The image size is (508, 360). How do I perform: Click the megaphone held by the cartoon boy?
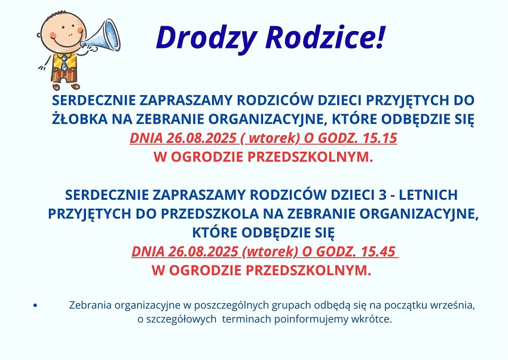pyautogui.click(x=101, y=36)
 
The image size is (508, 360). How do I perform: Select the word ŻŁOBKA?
pyautogui.click(x=79, y=118)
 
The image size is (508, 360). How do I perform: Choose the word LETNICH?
pyautogui.click(x=428, y=195)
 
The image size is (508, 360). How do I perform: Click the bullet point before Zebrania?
pyautogui.click(x=35, y=305)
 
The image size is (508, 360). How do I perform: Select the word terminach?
pyautogui.click(x=247, y=319)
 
